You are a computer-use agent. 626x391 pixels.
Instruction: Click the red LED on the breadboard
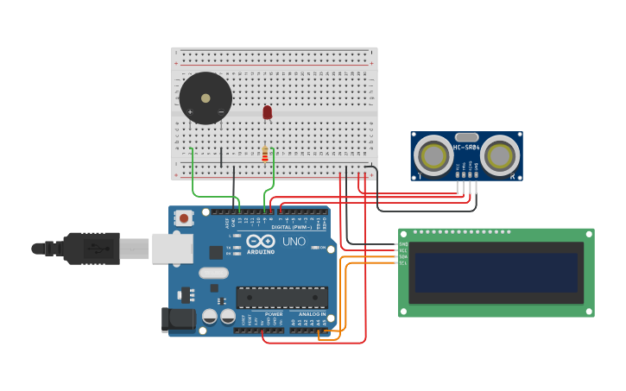(267, 111)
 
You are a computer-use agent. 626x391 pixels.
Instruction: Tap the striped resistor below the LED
(264, 155)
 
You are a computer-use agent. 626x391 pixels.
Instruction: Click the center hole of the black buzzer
(206, 98)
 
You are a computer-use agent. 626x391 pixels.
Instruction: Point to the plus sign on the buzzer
(190, 112)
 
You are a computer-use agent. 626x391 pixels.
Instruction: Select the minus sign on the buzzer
(221, 112)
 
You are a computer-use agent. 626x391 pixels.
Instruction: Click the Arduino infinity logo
(259, 242)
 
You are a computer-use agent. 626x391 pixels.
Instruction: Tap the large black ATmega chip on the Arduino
(281, 297)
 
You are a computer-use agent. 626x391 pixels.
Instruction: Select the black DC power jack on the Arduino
(180, 319)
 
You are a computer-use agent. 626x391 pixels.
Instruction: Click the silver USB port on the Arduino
(172, 249)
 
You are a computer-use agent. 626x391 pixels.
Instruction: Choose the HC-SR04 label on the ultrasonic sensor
(466, 148)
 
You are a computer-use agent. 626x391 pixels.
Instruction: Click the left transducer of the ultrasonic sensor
(431, 156)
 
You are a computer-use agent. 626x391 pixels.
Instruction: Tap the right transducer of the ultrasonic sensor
(500, 156)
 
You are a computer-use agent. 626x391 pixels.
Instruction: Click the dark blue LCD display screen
(496, 273)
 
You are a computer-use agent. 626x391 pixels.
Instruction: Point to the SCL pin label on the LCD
(403, 262)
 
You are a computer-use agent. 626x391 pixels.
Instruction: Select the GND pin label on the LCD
(403, 244)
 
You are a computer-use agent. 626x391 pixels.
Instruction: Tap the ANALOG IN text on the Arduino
(313, 314)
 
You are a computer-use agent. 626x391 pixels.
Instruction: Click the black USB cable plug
(91, 249)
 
